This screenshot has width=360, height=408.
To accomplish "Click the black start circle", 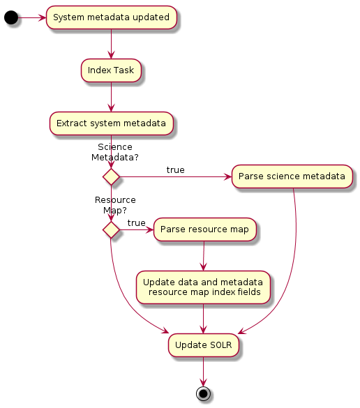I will pyautogui.click(x=11, y=17).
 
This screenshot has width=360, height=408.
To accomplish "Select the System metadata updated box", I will pyautogui.click(x=111, y=17).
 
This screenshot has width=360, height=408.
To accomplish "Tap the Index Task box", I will pyautogui.click(x=111, y=70).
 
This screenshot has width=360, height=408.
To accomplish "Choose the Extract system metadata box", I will pyautogui.click(x=111, y=123).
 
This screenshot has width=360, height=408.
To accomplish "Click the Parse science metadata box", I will pyautogui.click(x=292, y=176).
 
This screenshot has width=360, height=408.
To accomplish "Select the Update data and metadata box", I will pyautogui.click(x=203, y=287).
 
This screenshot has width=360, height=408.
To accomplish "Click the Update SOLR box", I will pyautogui.click(x=203, y=345).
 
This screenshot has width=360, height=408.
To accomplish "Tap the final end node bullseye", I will pyautogui.click(x=203, y=393).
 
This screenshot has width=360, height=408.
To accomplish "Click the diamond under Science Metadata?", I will pyautogui.click(x=111, y=176).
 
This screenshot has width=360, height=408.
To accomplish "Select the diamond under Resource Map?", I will pyautogui.click(x=111, y=229).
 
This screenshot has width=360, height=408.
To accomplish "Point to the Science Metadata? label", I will pyautogui.click(x=115, y=152).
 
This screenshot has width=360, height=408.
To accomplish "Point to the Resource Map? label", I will pyautogui.click(x=115, y=204).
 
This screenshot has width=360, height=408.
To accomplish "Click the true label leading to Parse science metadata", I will pyautogui.click(x=175, y=170).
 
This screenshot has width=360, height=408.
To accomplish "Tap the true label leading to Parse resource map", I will pyautogui.click(x=136, y=222).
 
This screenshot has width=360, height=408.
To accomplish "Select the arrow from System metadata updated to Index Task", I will pyautogui.click(x=111, y=44).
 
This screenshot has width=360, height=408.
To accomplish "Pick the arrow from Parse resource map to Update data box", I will pyautogui.click(x=203, y=255).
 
